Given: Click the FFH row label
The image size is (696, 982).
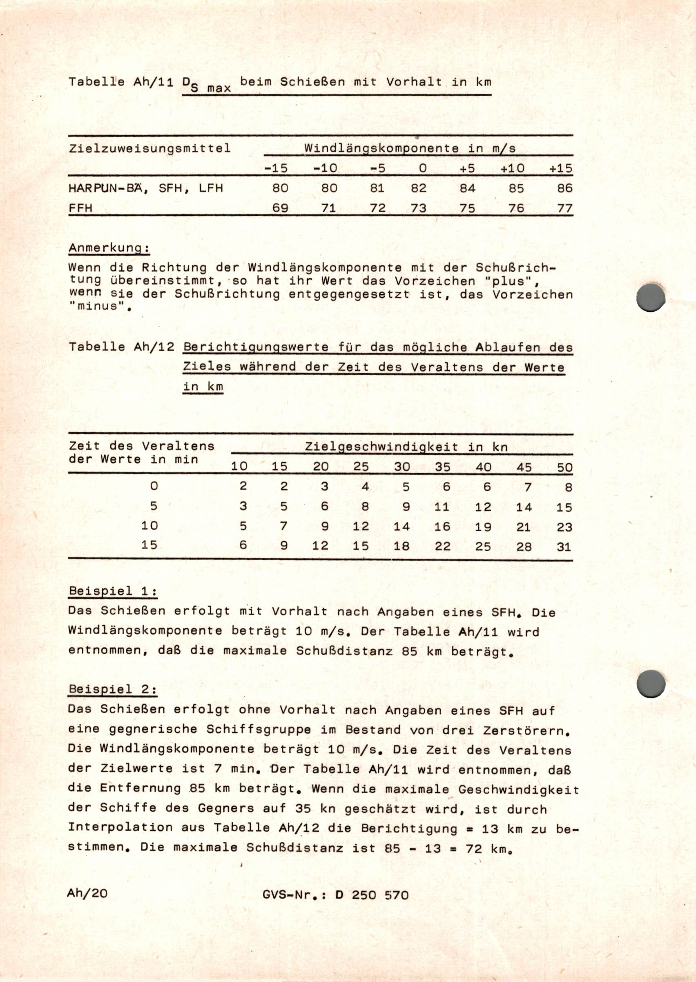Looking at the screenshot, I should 80,208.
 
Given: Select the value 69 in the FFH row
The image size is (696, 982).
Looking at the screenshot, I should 280,208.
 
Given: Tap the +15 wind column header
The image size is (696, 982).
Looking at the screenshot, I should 561,168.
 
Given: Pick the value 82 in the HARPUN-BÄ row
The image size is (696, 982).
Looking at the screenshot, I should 419,188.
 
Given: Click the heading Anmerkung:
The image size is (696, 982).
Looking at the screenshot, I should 109,248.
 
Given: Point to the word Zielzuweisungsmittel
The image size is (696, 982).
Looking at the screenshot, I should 149,148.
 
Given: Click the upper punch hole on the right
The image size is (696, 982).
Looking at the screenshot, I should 651,297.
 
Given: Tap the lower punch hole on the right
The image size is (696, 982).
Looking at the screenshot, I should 651,683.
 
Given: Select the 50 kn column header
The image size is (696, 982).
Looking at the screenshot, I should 564,467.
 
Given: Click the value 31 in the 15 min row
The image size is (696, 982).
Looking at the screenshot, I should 564,547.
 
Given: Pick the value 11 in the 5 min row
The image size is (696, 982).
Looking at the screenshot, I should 442,507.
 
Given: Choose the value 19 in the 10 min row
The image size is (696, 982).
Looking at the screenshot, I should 483,527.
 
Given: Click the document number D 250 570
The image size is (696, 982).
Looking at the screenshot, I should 372,895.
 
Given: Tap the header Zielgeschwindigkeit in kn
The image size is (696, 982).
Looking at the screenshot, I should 406,447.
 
